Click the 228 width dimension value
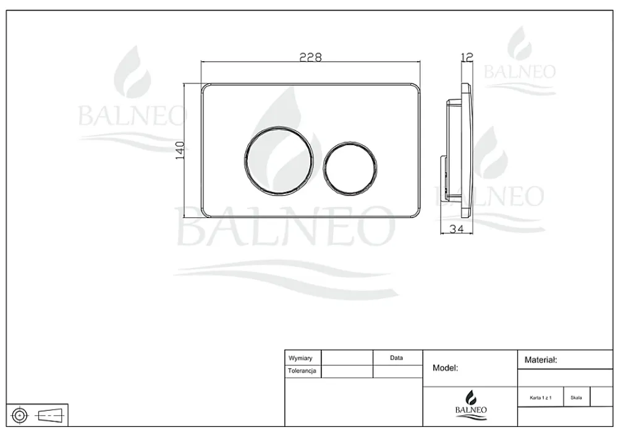(311, 57)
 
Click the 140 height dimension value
(180, 150)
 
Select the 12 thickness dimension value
(467, 57)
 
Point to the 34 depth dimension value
(457, 229)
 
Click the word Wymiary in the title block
(300, 358)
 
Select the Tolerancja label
(302, 371)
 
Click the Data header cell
(396, 358)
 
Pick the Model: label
(446, 368)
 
